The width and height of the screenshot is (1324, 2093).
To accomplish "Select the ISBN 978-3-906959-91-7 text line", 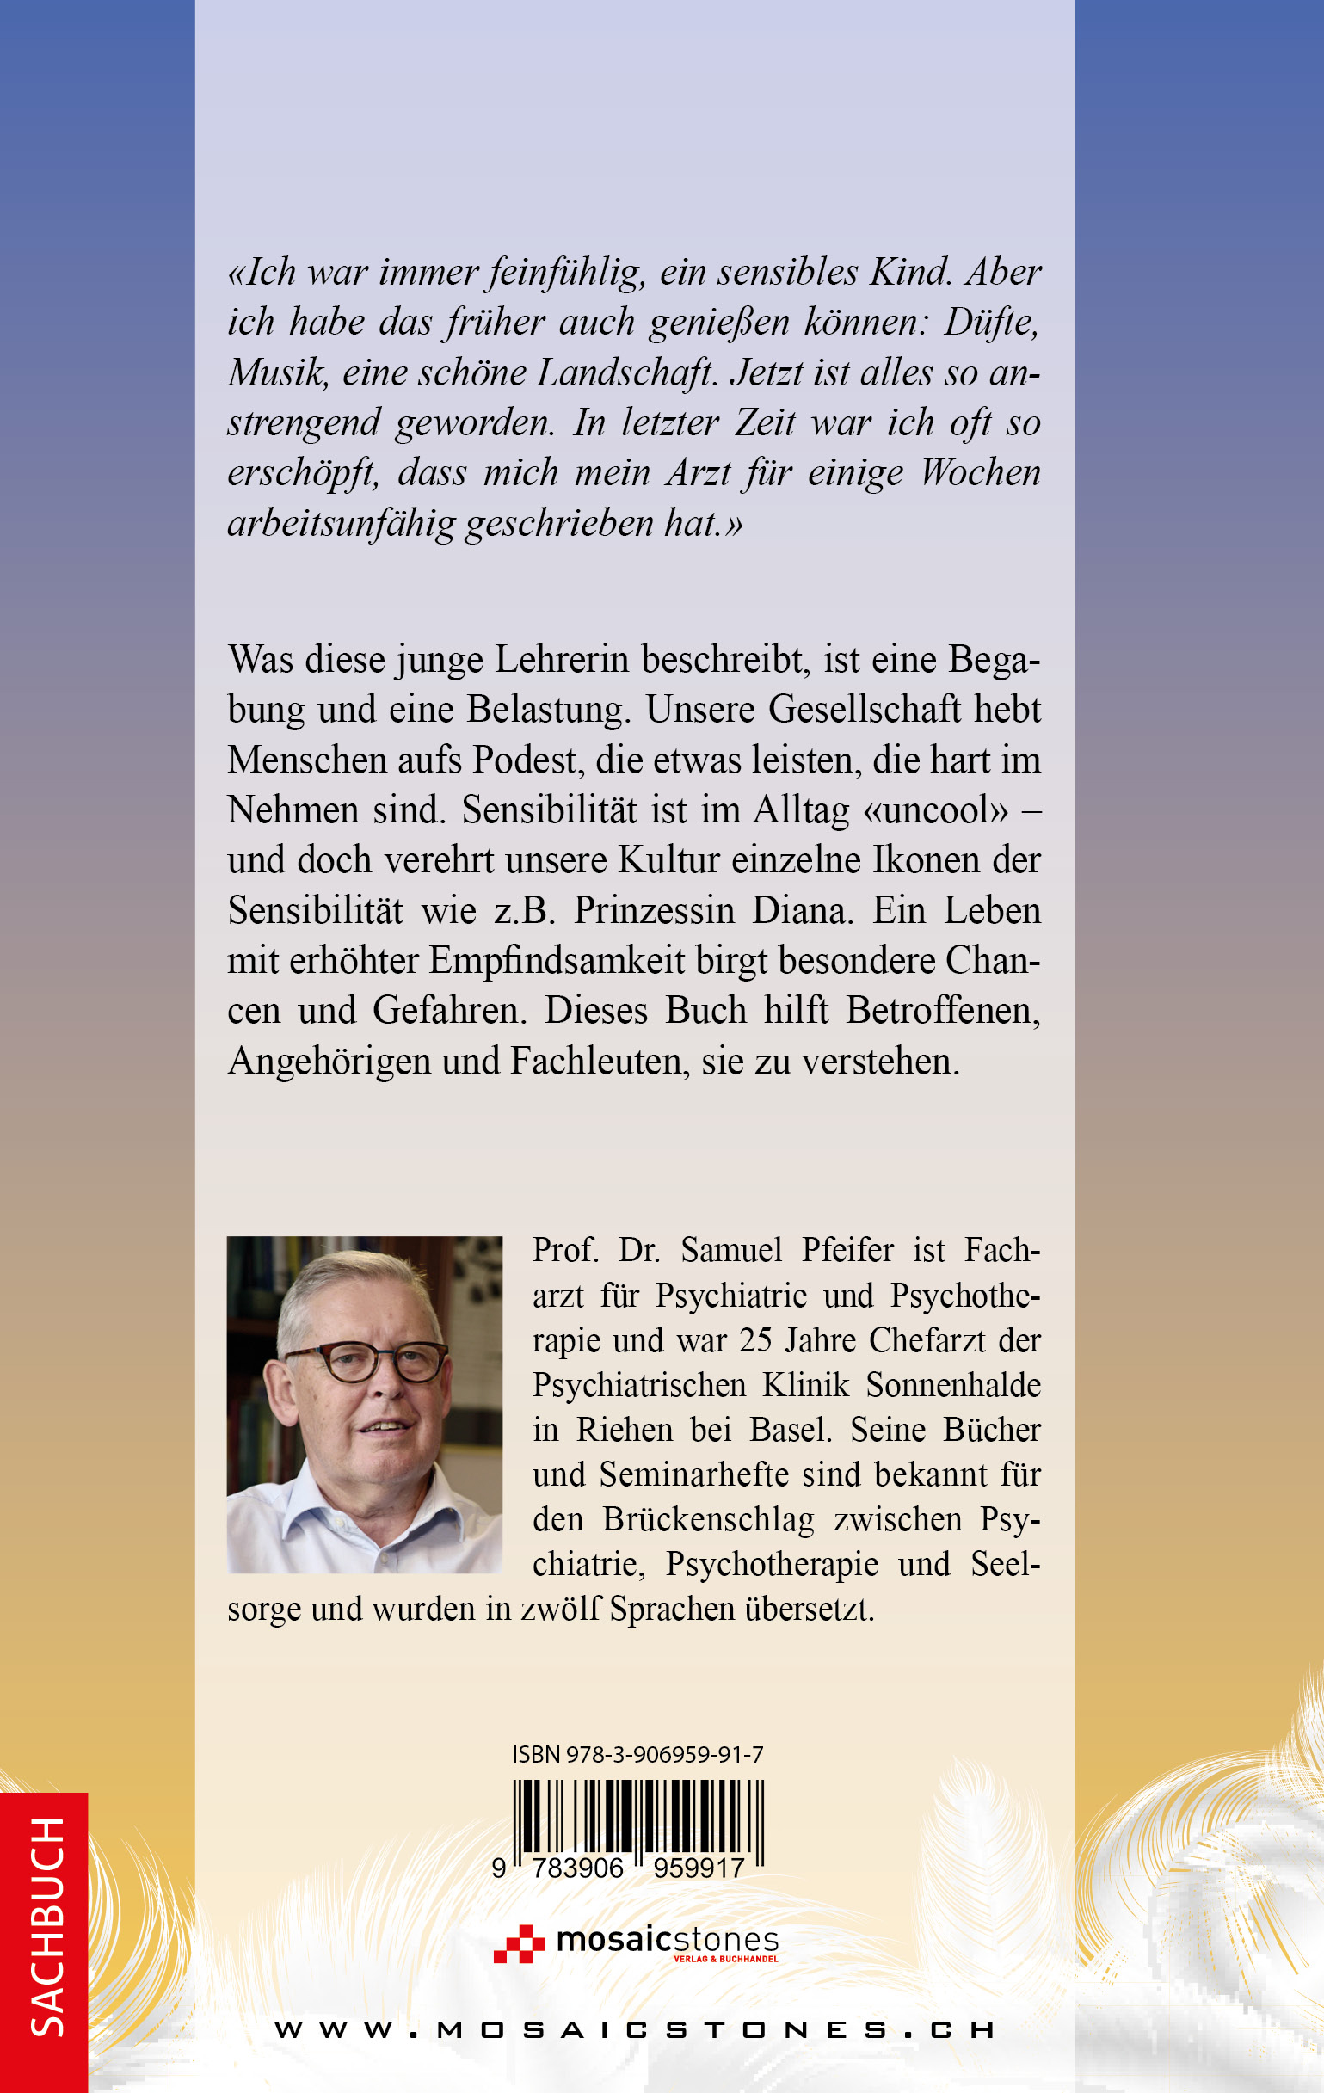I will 637,1754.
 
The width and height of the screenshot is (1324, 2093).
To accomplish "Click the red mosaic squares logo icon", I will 518,1943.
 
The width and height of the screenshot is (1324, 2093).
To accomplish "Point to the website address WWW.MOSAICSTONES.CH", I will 636,2031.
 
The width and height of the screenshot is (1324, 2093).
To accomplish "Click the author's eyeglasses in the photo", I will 367,1363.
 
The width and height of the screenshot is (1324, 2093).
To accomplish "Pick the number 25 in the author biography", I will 754,1340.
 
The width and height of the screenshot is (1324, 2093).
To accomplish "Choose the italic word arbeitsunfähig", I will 341,523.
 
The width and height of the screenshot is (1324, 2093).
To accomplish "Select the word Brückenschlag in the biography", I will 709,1519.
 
